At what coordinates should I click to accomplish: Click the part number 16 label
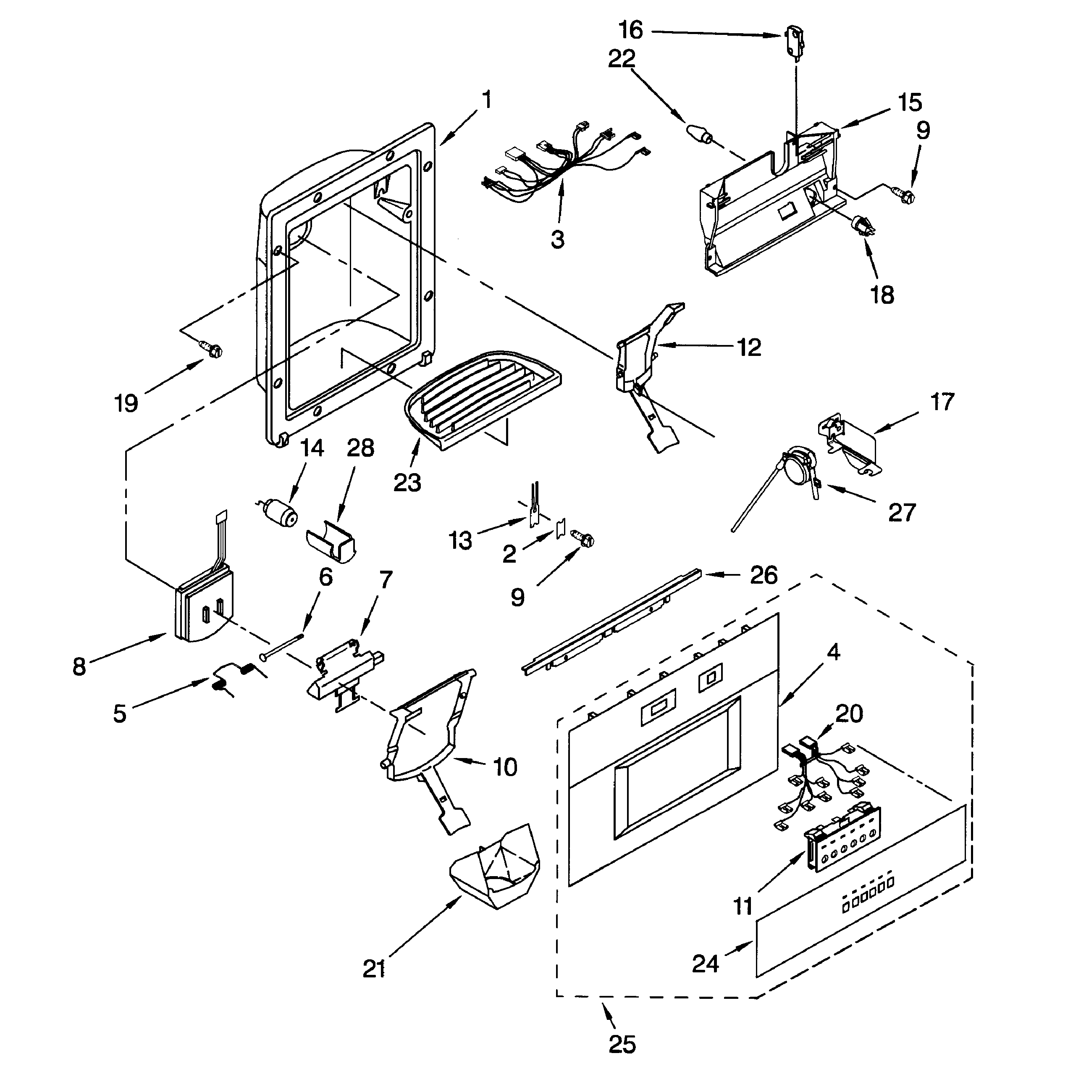coord(630,30)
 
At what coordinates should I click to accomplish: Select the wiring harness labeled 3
coord(569,161)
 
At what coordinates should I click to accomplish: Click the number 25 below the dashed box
coord(622,1044)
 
